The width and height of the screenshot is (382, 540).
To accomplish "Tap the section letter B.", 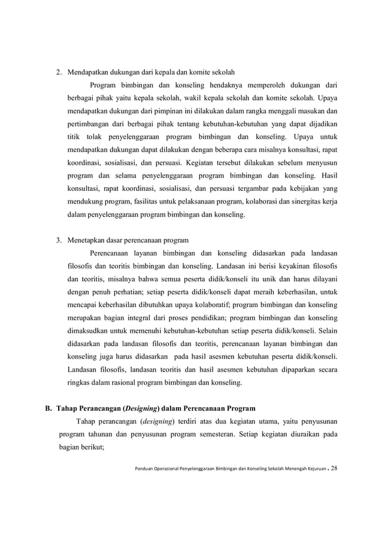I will pos(49,409).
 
